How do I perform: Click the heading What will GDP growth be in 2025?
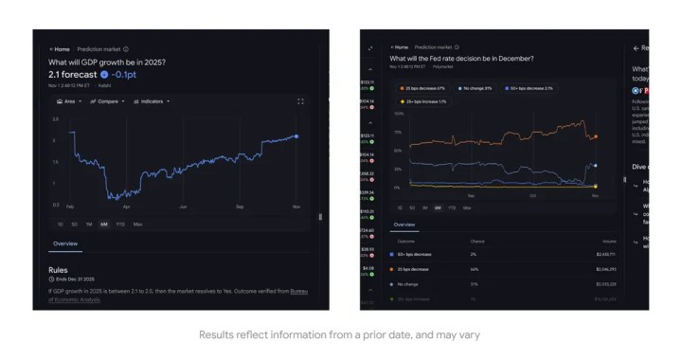click(107, 62)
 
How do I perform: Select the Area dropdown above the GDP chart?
click(68, 100)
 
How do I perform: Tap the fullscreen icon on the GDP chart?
click(301, 100)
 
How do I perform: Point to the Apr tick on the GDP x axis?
click(127, 206)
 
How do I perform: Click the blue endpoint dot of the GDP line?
click(296, 136)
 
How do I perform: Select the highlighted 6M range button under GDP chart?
click(103, 225)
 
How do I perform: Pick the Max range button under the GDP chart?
click(137, 225)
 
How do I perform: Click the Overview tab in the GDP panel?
click(64, 244)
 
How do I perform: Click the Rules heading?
click(58, 270)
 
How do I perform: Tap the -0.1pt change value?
click(126, 73)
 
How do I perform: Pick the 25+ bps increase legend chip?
click(425, 100)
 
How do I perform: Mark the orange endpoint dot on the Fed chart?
click(595, 137)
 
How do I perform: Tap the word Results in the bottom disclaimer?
click(212, 336)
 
